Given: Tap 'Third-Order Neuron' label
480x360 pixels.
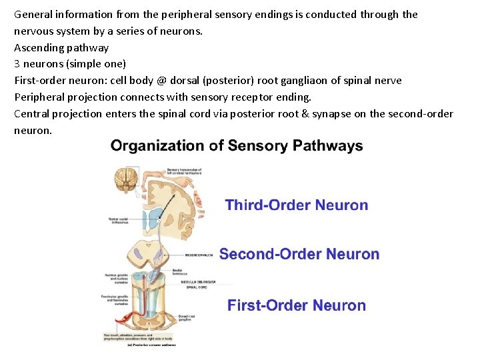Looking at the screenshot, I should (x=297, y=205).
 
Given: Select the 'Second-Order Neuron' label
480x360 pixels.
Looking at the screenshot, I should (x=299, y=254).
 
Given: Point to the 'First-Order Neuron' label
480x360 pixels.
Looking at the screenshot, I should (x=297, y=306).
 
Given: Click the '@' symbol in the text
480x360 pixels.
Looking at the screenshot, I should (x=162, y=81).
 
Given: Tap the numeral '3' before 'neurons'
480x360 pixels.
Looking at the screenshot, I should (x=17, y=64).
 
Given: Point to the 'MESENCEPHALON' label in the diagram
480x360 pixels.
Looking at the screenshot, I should (x=198, y=254).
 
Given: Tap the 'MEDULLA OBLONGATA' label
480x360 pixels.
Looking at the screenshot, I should (x=198, y=282).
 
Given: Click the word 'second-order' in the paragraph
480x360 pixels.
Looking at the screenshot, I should (x=411, y=114).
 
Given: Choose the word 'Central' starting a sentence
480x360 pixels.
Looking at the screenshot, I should (x=32, y=114).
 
